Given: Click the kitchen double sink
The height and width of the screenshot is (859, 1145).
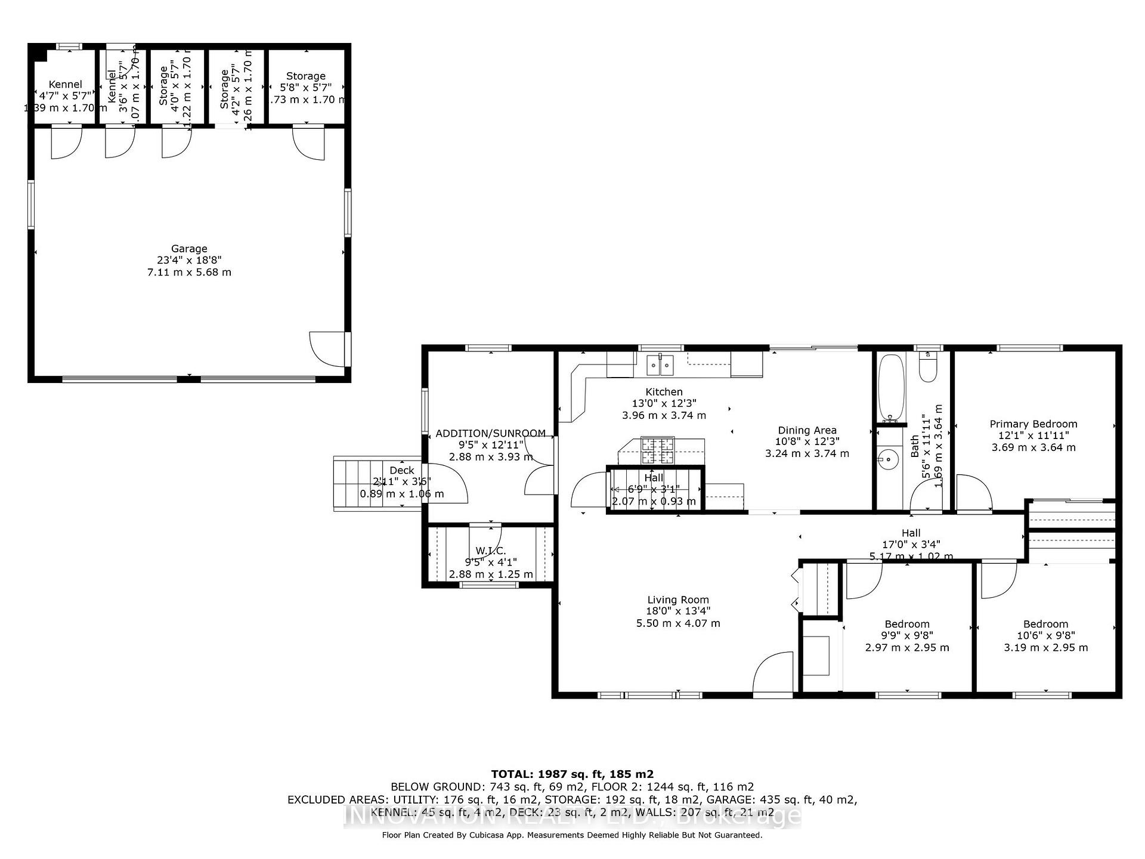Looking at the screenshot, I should [x=660, y=364].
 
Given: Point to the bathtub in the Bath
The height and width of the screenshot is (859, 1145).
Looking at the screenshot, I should [x=890, y=388].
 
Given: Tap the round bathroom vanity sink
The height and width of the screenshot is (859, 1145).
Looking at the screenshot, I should [x=888, y=459].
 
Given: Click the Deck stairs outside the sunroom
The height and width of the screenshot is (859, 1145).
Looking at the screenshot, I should [x=358, y=483].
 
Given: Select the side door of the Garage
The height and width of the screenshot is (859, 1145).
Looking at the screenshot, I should [x=330, y=348].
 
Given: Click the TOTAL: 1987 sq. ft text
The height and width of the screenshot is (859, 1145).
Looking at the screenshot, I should [x=572, y=774].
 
